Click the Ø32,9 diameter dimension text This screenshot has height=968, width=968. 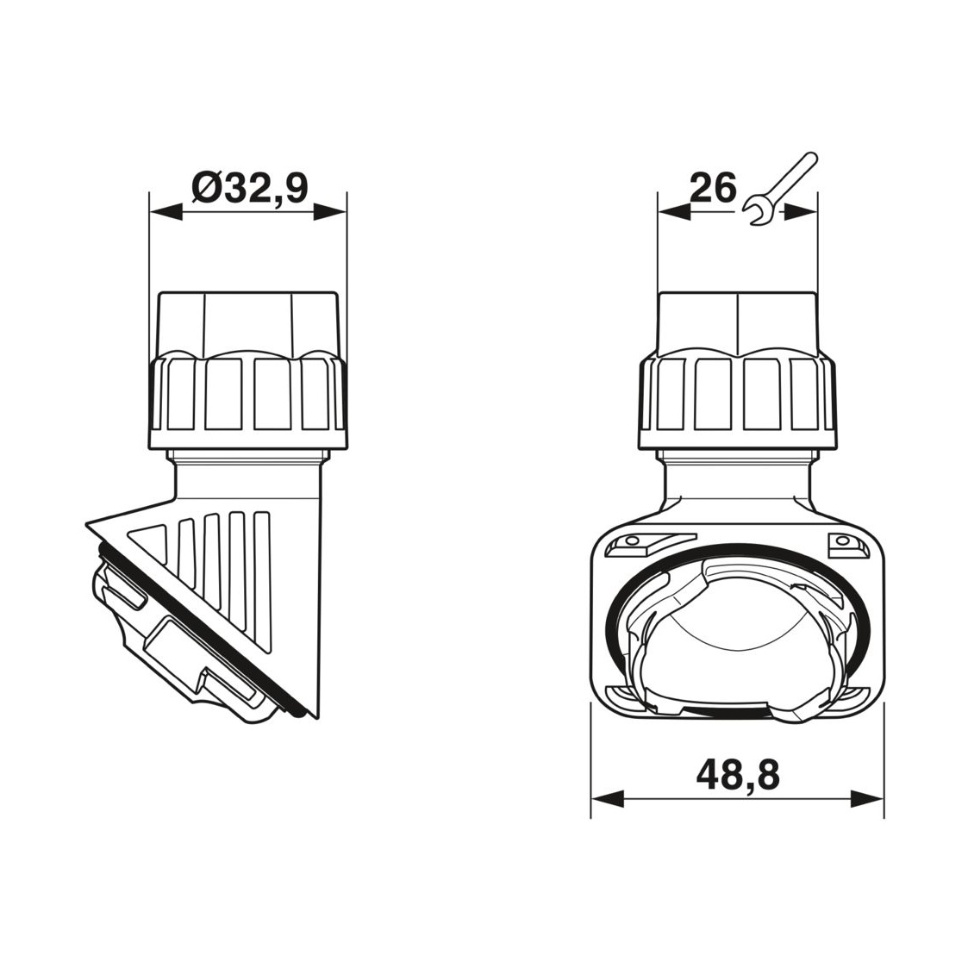249,187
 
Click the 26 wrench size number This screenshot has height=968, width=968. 713,187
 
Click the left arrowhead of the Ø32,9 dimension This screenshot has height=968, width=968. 166,213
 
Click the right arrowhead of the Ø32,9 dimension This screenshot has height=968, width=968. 329,213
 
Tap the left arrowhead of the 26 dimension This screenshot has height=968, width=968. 674,212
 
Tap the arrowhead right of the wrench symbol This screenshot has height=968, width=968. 802,212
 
